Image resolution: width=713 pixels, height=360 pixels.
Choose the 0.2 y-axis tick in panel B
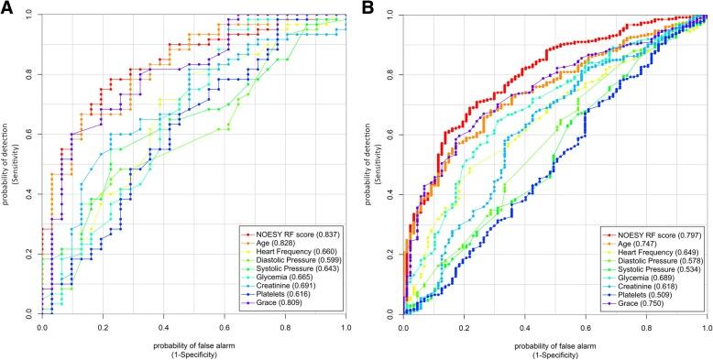[x=389, y=254]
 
